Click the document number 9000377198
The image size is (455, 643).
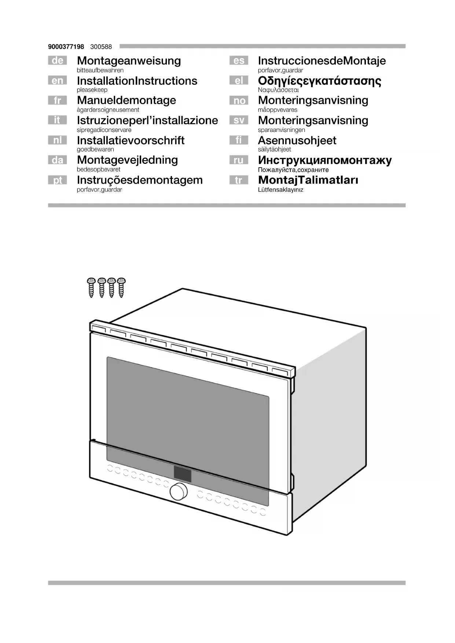pyautogui.click(x=66, y=47)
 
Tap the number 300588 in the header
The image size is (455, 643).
pyautogui.click(x=101, y=47)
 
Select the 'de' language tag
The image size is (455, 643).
pyautogui.click(x=58, y=60)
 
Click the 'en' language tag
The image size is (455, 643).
pyautogui.click(x=58, y=81)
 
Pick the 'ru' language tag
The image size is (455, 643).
pyautogui.click(x=239, y=160)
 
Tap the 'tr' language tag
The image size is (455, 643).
pyautogui.click(x=239, y=180)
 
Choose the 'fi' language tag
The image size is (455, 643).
pyautogui.click(x=239, y=140)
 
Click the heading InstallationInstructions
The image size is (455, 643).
pyautogui.click(x=137, y=81)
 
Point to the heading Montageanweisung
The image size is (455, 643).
pyautogui.click(x=129, y=61)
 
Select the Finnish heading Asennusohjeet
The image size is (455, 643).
pyautogui.click(x=297, y=140)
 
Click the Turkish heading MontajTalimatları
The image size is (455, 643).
pyautogui.click(x=308, y=180)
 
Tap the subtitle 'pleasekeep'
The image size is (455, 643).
pyautogui.click(x=92, y=90)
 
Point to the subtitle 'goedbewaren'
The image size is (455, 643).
pyautogui.click(x=95, y=150)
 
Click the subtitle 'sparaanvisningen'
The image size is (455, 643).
pyautogui.click(x=281, y=130)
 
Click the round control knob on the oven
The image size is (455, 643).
pyautogui.click(x=179, y=492)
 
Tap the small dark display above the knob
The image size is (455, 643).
pyautogui.click(x=183, y=474)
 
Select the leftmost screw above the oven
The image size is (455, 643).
pyautogui.click(x=91, y=287)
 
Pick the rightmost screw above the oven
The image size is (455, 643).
pyautogui.click(x=121, y=287)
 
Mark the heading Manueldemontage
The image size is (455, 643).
pyautogui.click(x=126, y=100)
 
